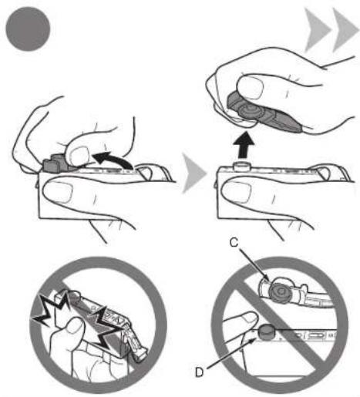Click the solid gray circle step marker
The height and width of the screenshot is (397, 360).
28,29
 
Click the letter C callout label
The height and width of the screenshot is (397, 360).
234,242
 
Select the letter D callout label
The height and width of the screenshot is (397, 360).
200,372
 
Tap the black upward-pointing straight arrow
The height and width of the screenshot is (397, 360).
245,145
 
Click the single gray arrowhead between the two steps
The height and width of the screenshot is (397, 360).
194,173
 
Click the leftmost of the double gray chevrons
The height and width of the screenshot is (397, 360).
317,30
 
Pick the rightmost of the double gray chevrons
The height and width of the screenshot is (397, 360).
345,30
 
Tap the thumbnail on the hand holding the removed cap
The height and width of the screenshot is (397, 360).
251,87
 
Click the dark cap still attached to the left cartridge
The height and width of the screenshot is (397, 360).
56,163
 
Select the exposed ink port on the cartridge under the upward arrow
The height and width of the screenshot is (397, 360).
241,165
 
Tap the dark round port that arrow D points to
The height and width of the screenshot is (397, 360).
267,333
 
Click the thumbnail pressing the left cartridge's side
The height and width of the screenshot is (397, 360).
58,190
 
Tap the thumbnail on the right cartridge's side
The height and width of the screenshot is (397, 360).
237,190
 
